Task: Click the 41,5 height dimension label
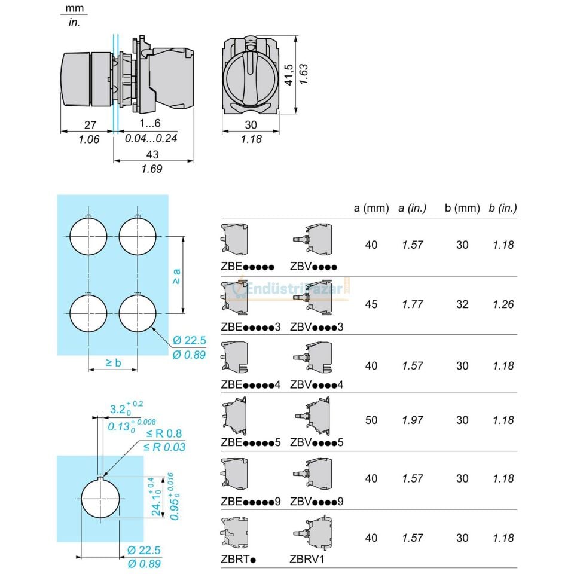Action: click(x=289, y=75)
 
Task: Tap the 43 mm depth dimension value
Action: click(x=152, y=154)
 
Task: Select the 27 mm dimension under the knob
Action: click(x=90, y=125)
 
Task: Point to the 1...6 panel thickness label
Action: click(x=150, y=123)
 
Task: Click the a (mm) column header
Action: click(x=371, y=208)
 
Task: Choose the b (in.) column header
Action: click(x=503, y=208)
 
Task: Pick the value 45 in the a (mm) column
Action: click(x=371, y=304)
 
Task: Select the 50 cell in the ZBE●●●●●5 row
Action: click(x=371, y=420)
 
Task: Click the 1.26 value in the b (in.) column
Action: click(x=503, y=304)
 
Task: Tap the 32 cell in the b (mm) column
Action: click(x=462, y=304)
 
